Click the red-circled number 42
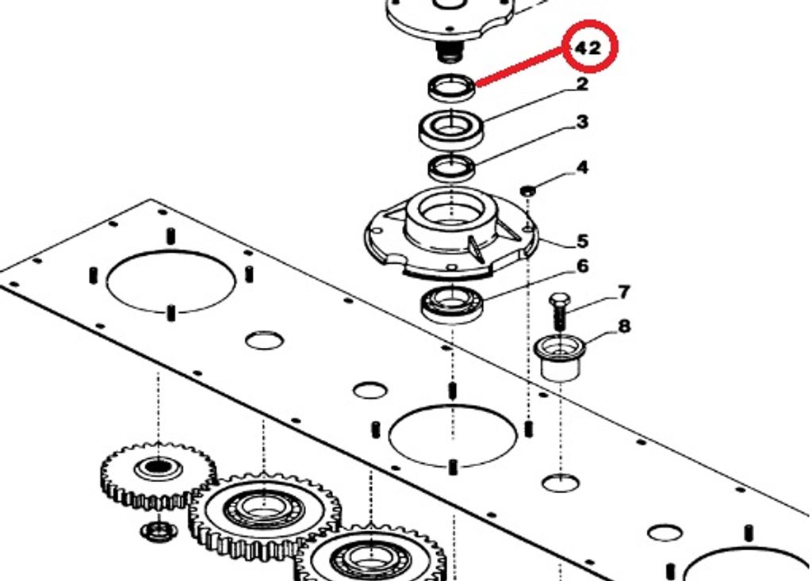pyautogui.click(x=588, y=48)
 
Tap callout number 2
pyautogui.click(x=582, y=84)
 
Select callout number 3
pyautogui.click(x=583, y=122)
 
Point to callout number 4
pyautogui.click(x=583, y=168)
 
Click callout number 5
pyautogui.click(x=583, y=241)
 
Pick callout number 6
pyautogui.click(x=583, y=266)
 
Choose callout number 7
pyautogui.click(x=624, y=292)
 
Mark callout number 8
pyautogui.click(x=625, y=327)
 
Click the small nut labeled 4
pyautogui.click(x=527, y=190)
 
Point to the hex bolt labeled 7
pyautogui.click(x=559, y=312)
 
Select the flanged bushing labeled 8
pyautogui.click(x=560, y=358)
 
